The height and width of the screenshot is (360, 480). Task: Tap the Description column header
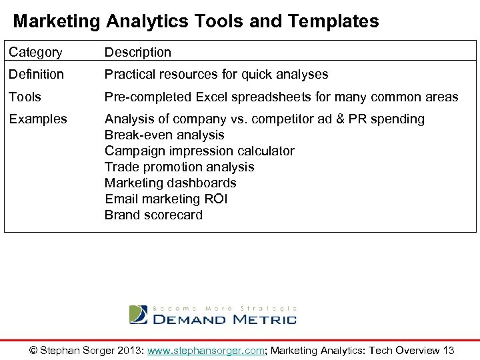[x=137, y=52]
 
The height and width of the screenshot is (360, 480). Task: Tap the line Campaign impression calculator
[x=199, y=151]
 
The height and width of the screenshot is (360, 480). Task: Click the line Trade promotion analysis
[x=179, y=167]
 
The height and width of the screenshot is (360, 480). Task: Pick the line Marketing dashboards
[x=170, y=183]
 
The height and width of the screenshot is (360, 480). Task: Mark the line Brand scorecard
[x=153, y=215]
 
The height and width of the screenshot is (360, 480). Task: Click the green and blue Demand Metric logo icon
[x=138, y=315]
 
